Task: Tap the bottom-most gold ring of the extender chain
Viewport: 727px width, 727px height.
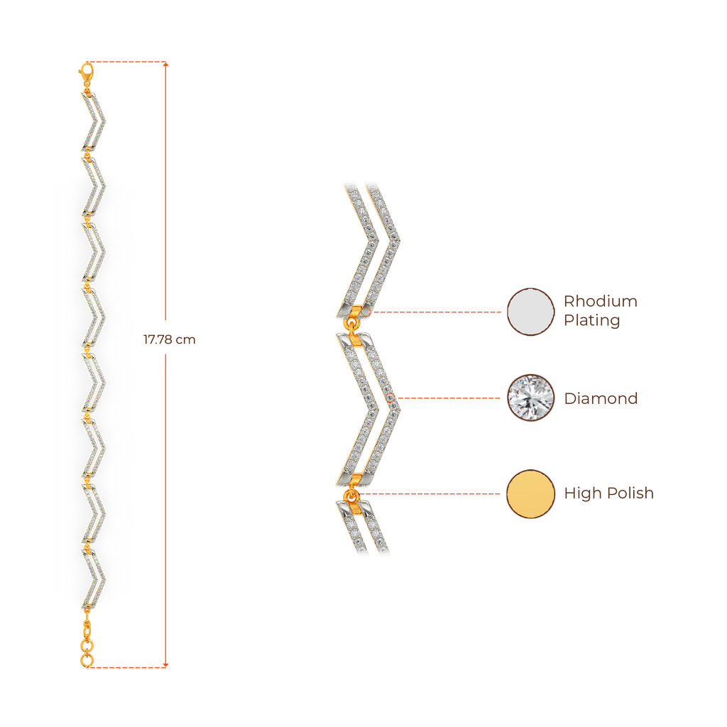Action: click(87, 660)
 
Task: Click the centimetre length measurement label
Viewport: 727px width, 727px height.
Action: click(169, 340)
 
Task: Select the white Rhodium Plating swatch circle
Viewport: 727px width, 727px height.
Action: click(530, 312)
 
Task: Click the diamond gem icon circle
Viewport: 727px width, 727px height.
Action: click(530, 398)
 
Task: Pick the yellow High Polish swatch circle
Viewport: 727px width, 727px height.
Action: click(530, 493)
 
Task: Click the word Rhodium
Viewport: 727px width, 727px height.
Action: click(600, 301)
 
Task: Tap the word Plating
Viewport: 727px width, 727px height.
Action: click(591, 321)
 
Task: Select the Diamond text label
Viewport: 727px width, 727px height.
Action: click(601, 398)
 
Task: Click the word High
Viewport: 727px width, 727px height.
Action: click(582, 493)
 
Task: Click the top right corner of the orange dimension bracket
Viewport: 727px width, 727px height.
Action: click(168, 63)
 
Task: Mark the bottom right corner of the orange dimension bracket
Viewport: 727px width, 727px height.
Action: click(168, 667)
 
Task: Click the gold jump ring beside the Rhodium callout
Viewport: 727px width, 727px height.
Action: click(353, 324)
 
